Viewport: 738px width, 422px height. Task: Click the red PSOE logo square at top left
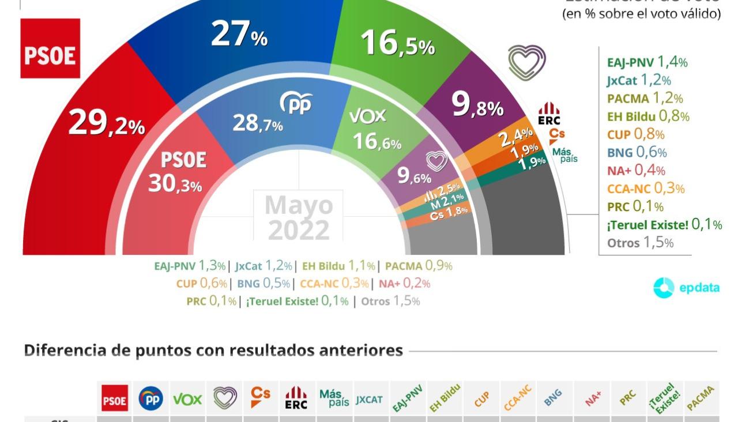coord(50,48)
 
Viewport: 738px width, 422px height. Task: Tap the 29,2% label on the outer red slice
coord(107,123)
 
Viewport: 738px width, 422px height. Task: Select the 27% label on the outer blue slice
coord(239,35)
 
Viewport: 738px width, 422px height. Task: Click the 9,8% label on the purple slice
coord(477,106)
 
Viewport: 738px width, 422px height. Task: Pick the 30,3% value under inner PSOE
coord(175,184)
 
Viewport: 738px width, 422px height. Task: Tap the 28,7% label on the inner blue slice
coord(258,123)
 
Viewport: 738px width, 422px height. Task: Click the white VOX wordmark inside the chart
coord(367,116)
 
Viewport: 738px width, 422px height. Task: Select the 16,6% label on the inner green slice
coord(377,141)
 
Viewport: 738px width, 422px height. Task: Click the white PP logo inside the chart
coord(296,103)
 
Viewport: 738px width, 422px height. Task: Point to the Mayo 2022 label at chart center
coord(299,217)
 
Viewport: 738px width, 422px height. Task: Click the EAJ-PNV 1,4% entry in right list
coord(647,62)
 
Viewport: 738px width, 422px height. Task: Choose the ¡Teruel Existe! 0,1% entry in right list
coord(664,224)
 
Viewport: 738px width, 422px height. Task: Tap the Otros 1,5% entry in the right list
coord(640,243)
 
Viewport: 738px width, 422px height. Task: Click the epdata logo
coord(686,288)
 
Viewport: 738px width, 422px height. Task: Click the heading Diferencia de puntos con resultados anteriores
coord(213,351)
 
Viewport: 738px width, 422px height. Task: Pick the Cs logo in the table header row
coord(260,397)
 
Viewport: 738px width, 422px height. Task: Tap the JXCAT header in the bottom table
coord(369,399)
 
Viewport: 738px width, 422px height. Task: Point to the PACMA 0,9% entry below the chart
coord(419,266)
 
